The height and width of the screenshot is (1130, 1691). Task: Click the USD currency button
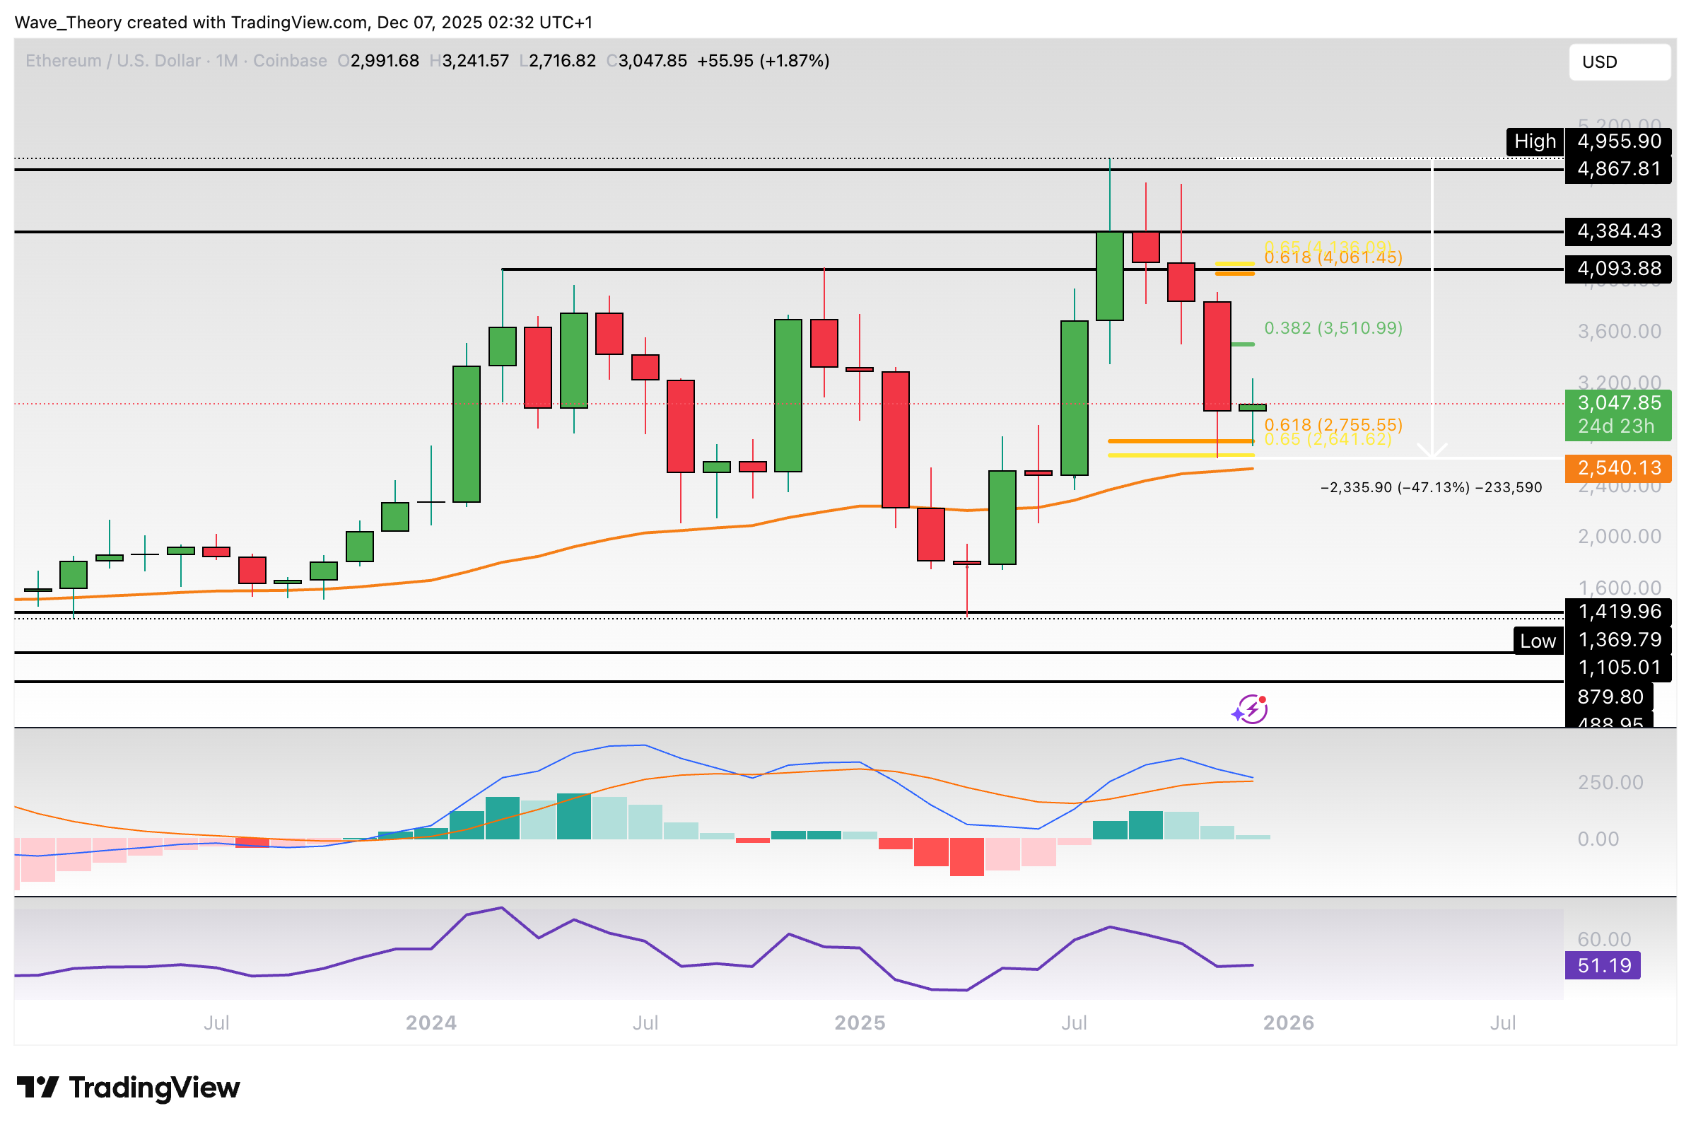1618,62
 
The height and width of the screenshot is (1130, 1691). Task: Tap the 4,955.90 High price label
1617,141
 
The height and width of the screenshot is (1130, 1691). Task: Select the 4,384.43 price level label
1617,231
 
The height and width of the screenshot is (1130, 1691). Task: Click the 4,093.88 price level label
1617,269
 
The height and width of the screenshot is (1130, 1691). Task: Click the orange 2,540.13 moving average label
1617,468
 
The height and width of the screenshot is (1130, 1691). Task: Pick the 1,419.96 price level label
1617,612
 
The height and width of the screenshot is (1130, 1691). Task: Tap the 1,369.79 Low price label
1617,640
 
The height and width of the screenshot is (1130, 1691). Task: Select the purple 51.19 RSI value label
1603,966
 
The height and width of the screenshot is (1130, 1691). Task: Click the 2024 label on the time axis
431,1023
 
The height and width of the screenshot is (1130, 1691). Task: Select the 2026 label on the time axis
1288,1023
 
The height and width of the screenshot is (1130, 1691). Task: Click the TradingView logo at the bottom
128,1088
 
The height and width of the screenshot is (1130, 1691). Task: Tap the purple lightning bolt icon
1250,710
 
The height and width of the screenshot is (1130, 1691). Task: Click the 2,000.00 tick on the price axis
1619,537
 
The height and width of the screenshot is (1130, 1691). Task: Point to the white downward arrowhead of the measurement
1432,452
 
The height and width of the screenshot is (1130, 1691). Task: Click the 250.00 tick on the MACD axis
1610,783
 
